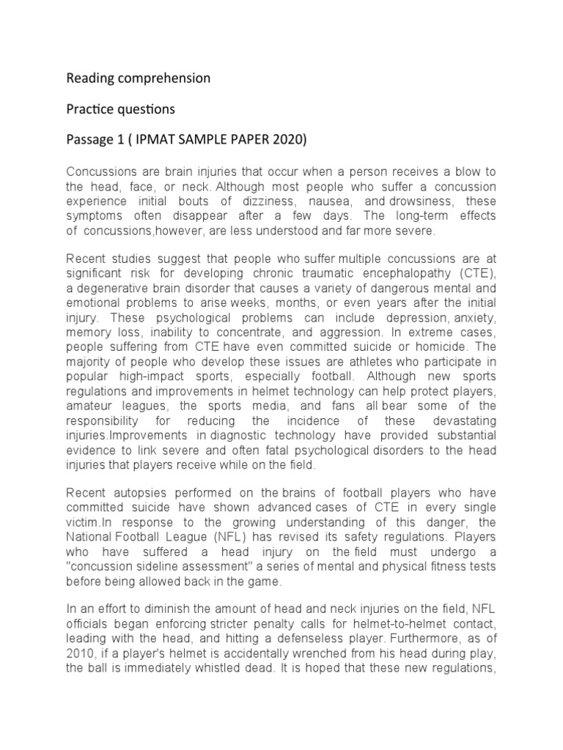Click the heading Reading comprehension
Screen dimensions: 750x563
138,78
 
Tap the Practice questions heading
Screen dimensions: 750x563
121,109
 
